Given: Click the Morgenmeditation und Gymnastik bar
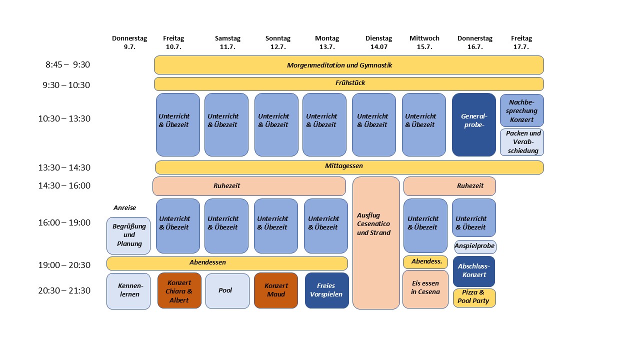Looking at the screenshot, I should tap(348, 65).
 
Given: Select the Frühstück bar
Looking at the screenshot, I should tap(348, 83).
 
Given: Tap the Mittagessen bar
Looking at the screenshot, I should tap(349, 167).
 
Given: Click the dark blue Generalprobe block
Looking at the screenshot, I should tap(473, 124).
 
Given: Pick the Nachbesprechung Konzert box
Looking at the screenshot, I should tap(521, 110).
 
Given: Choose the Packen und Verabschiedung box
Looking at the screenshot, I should tap(521, 142).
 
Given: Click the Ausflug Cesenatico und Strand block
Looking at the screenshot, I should tap(376, 242).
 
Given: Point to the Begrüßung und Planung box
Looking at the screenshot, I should tap(128, 235).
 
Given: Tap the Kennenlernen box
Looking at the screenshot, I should tap(128, 291).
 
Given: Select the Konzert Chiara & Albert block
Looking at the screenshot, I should tap(179, 290).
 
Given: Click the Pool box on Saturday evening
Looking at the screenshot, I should tap(227, 290).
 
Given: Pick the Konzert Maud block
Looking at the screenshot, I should tap(276, 290).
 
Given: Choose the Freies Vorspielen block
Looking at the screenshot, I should tap(326, 290).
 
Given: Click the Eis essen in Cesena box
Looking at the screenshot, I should tap(425, 289).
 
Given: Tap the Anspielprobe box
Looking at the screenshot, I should tap(474, 246).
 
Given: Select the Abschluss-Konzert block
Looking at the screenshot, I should tap(474, 271).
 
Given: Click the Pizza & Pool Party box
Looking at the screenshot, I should tap(474, 297).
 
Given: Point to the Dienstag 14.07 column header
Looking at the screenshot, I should tap(378, 42).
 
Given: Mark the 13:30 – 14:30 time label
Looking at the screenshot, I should tap(64, 167).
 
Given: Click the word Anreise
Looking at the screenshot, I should tap(124, 208).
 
